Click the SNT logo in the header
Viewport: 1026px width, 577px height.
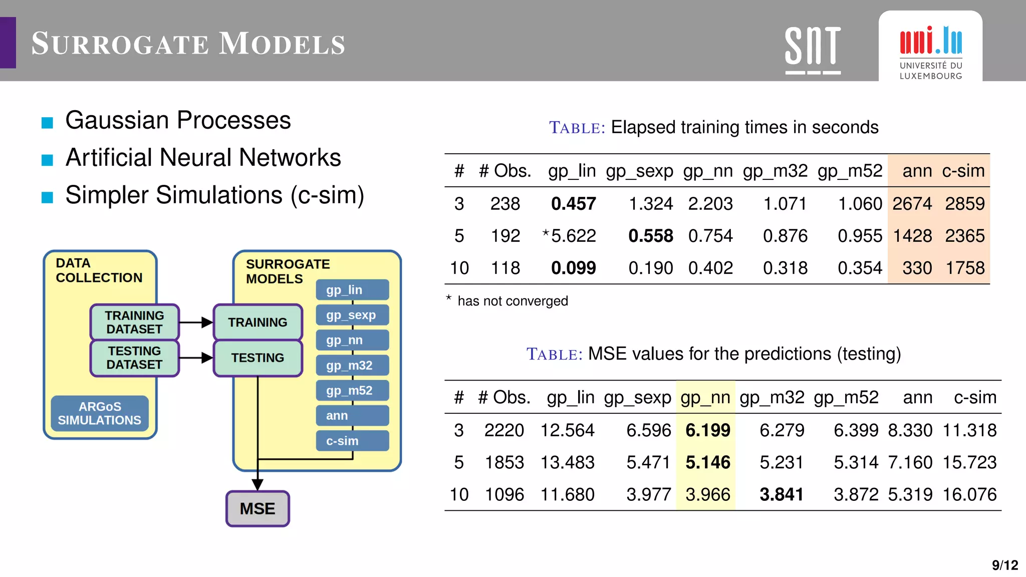[813, 50]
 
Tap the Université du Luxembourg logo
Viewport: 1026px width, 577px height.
[930, 50]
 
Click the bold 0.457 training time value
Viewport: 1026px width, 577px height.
[573, 204]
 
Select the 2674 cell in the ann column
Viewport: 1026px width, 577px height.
[912, 204]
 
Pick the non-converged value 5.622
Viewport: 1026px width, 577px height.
[573, 236]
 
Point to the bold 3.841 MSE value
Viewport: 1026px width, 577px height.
[781, 494]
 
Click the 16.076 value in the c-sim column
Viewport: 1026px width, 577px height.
[969, 494]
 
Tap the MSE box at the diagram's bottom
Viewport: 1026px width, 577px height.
[258, 508]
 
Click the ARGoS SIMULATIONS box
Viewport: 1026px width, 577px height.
[100, 413]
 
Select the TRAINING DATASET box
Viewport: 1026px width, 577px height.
[134, 322]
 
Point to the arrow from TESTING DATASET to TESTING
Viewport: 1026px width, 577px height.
[196, 358]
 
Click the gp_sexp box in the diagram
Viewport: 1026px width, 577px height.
[352, 315]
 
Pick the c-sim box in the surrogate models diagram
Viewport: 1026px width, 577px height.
[352, 441]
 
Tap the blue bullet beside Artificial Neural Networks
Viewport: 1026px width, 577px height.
[47, 160]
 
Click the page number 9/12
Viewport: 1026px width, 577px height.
[1004, 565]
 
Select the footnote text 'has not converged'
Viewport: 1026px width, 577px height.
[512, 301]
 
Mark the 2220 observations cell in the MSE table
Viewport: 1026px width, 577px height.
[504, 430]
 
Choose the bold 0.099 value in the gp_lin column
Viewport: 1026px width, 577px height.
[573, 268]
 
